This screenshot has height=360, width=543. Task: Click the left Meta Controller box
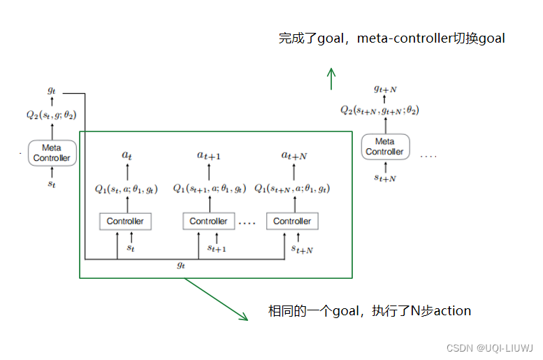(52, 152)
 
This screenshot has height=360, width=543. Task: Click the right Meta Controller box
(384, 147)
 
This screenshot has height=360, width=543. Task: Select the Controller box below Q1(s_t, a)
(125, 222)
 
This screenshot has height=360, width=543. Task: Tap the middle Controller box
(208, 222)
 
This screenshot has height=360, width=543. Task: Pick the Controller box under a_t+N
(292, 222)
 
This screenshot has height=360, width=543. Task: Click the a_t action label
(126, 156)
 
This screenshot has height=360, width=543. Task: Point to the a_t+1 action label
(209, 156)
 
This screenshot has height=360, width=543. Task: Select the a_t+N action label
(294, 156)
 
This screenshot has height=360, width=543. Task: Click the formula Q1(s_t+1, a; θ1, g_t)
(210, 188)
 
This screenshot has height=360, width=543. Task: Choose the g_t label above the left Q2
(52, 91)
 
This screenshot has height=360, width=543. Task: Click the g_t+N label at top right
(385, 89)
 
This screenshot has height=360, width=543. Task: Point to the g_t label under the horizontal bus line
(182, 266)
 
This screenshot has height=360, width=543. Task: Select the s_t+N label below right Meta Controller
(385, 178)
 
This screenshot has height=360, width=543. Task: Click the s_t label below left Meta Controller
(52, 184)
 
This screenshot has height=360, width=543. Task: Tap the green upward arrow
(332, 78)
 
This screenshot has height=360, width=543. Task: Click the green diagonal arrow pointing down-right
(217, 300)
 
